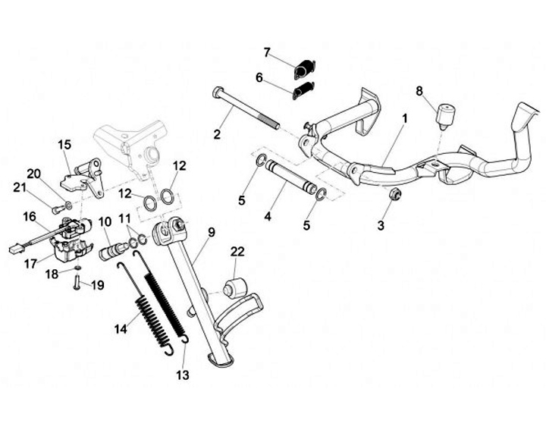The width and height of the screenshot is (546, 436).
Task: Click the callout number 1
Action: coord(405,119)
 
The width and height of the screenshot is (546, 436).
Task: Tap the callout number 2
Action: coord(217,135)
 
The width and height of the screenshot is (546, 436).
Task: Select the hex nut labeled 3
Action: coord(394,196)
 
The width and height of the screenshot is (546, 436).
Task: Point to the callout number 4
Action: coord(268,217)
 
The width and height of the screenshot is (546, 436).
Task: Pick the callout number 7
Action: coord(267,52)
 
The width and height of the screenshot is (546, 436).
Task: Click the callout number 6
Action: coord(259,77)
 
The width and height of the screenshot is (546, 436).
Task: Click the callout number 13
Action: coord(183,375)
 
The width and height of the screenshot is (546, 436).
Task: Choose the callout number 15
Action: coord(64,143)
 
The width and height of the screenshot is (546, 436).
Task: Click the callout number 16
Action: coord(30,217)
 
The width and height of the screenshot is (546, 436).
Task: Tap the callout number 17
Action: coord(30,265)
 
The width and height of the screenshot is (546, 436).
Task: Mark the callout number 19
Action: coord(97,286)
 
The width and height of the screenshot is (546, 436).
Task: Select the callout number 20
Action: coord(33,173)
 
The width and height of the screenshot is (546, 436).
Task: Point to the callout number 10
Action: coord(105,221)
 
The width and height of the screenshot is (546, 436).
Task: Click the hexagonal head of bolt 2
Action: coord(218,93)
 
